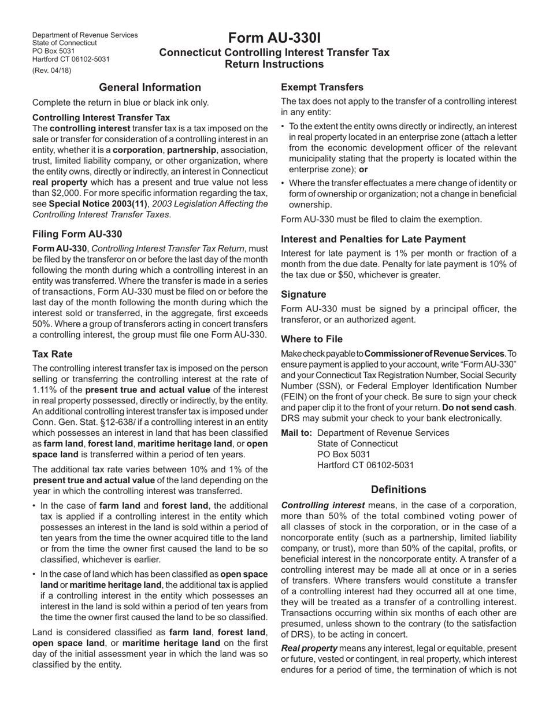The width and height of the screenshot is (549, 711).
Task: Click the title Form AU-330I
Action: coord(274,38)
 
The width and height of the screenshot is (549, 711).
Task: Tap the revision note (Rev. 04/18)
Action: coord(52,71)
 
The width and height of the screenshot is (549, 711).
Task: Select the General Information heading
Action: coord(150,87)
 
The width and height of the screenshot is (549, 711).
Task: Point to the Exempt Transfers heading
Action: coord(322,87)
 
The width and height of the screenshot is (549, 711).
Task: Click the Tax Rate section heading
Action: coord(53,354)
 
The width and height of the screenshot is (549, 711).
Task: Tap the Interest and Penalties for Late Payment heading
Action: coord(373,239)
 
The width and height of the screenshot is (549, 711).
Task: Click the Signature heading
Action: coord(303,294)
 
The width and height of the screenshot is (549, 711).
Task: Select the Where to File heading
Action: coord(311,339)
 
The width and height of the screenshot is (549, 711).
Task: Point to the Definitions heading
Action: coord(398,490)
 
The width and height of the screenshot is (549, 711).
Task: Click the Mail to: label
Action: coord(297,433)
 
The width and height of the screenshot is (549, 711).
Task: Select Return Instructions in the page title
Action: coord(274,64)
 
